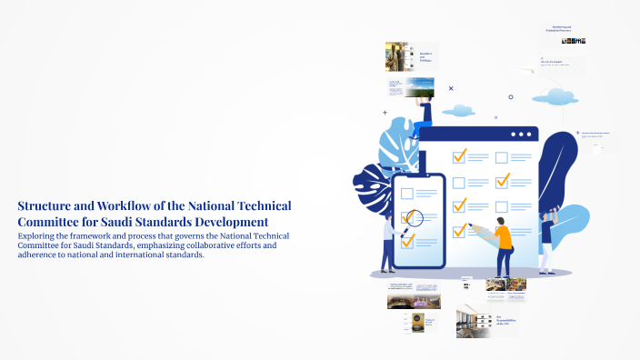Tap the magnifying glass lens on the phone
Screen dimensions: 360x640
pyautogui.click(x=413, y=218)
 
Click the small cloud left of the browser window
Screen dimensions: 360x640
pyautogui.click(x=458, y=111)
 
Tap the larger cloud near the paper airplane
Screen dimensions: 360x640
pyautogui.click(x=553, y=95)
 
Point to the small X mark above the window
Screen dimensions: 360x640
pyautogui.click(x=451, y=88)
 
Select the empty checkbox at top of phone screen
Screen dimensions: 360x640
pyautogui.click(x=406, y=193)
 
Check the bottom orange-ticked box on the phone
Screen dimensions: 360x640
pyautogui.click(x=407, y=241)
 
